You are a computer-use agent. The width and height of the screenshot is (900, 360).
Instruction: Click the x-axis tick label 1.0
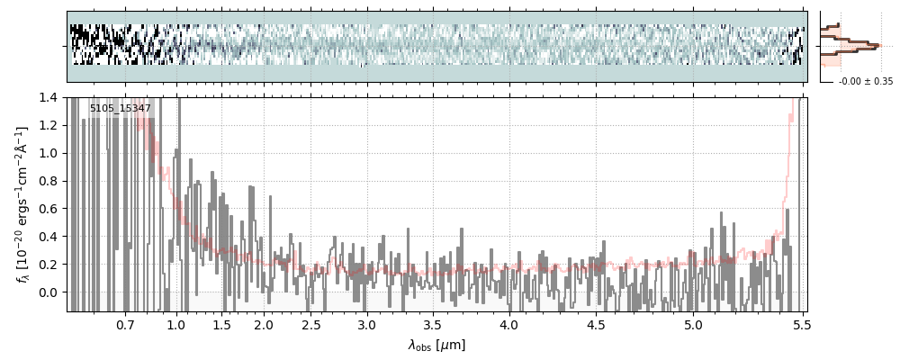pos(176,324)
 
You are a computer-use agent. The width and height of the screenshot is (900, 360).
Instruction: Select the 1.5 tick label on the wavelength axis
pos(221,324)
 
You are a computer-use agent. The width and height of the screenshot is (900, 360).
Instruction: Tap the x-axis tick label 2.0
pos(264,324)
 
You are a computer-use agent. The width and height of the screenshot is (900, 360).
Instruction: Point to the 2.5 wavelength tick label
pos(310,324)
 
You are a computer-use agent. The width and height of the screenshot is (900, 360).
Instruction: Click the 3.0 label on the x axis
pos(366,324)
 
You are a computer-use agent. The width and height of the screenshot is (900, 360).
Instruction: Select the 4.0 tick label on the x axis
pos(509,324)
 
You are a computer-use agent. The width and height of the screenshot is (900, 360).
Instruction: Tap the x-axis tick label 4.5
pos(596,324)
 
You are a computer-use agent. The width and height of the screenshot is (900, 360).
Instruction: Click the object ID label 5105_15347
pos(121,109)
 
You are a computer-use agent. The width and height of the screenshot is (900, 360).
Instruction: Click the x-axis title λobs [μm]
pos(436,345)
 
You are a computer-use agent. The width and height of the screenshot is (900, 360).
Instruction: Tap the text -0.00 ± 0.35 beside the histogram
pos(865,81)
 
